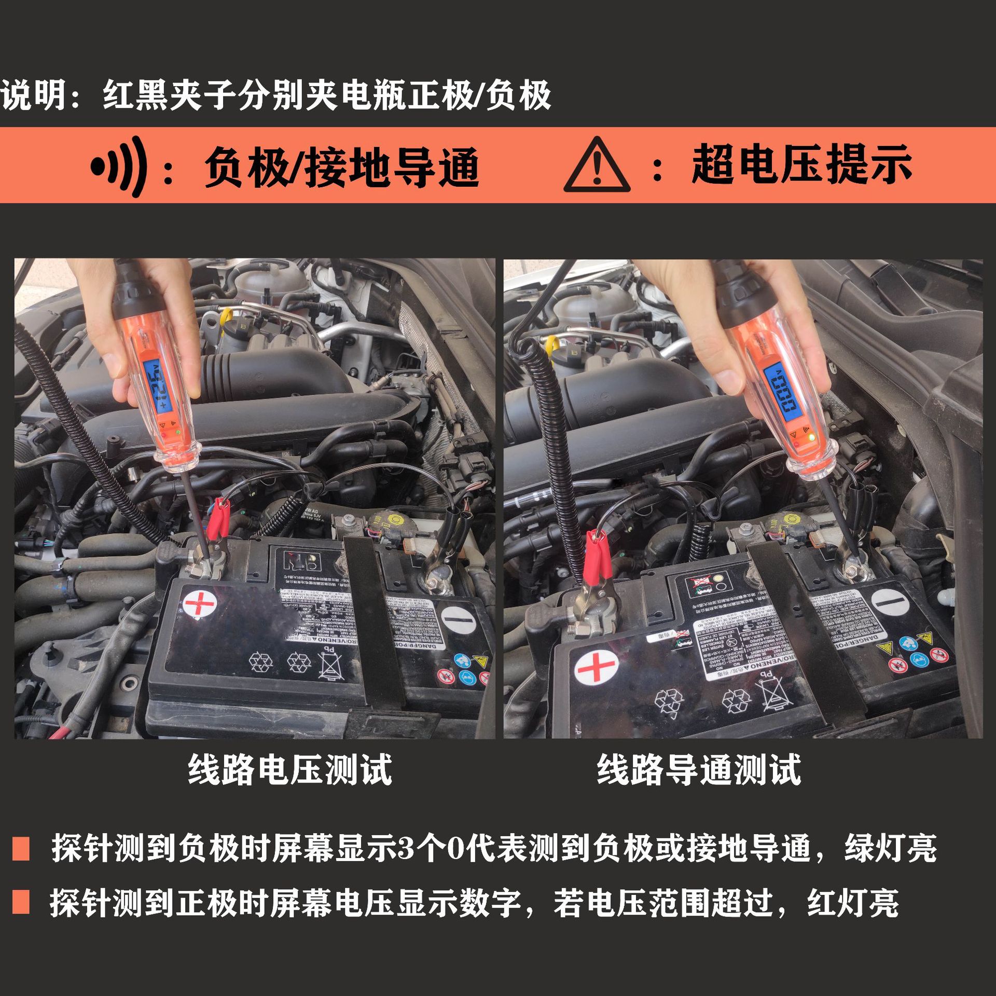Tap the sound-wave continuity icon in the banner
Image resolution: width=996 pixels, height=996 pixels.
click(x=118, y=167)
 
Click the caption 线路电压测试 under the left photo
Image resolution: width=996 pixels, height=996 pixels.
click(x=290, y=769)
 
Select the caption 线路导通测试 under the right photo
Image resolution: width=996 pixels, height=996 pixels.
click(x=699, y=769)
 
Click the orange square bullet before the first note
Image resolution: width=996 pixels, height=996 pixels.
click(x=21, y=848)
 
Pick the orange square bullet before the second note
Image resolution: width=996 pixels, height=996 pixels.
click(x=21, y=902)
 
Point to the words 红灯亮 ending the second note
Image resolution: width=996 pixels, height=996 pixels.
click(x=853, y=903)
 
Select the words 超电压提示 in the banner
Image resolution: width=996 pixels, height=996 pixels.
click(x=802, y=165)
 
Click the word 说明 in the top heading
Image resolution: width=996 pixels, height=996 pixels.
click(x=34, y=95)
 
